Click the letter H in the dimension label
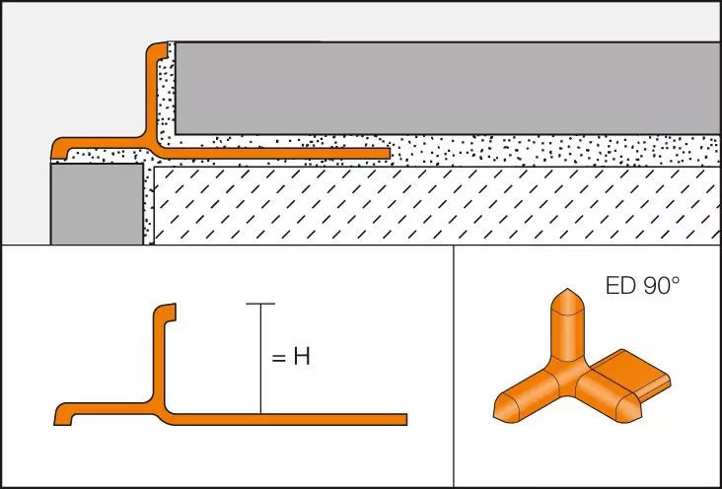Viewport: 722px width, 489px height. tap(302, 357)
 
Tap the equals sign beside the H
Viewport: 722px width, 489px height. tap(279, 358)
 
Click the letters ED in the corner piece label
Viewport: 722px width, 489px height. tap(620, 286)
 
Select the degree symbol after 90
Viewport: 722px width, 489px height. tap(675, 280)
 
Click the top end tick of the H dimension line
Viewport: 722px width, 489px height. tap(260, 304)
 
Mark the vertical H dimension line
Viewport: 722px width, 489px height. tap(260, 359)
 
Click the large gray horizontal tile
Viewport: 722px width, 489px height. tap(447, 88)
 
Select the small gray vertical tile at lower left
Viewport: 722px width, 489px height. tap(97, 204)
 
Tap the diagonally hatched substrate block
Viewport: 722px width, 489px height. tap(437, 205)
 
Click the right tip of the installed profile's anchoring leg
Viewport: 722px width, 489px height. tap(389, 154)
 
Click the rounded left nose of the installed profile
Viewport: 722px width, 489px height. tap(56, 148)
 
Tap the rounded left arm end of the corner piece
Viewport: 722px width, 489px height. tap(507, 406)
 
